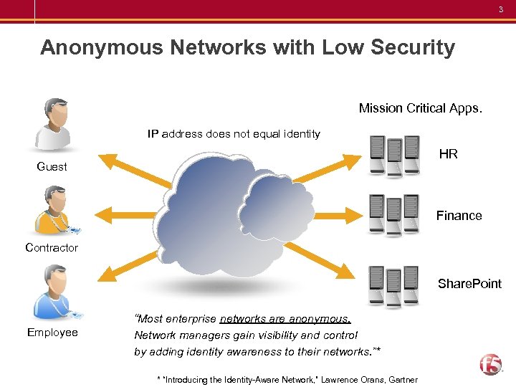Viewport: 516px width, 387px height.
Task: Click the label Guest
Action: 52,167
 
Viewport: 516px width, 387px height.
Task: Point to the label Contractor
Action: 52,248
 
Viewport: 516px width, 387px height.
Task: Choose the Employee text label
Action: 52,333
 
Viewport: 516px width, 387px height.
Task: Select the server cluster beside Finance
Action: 393,215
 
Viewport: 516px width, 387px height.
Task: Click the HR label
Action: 449,154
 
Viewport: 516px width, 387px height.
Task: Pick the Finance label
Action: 459,216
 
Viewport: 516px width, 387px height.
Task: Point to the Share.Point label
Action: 469,284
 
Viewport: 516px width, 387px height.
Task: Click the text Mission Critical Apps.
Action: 421,108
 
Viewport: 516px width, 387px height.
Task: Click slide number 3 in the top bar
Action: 502,9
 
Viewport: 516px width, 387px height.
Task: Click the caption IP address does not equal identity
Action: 234,133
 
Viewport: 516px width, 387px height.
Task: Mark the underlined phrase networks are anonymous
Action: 285,319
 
